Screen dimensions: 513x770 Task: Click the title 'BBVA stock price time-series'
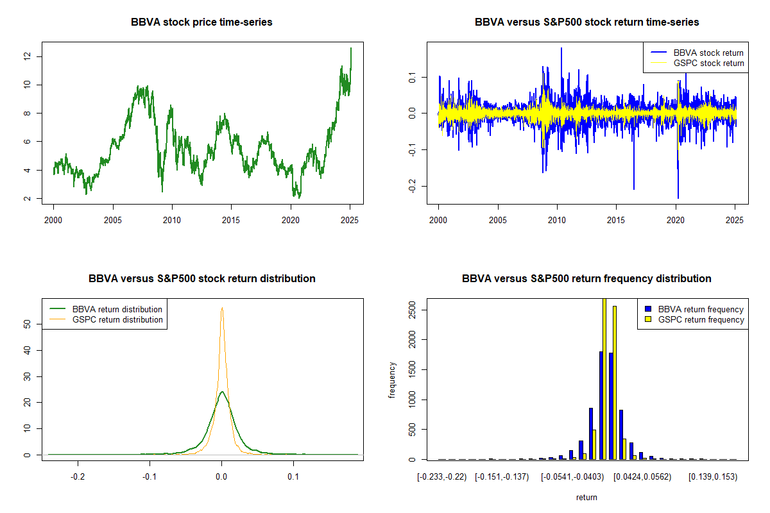coord(201,22)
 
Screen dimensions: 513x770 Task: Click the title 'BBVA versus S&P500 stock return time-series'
coord(586,22)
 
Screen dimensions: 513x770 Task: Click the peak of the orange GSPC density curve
coord(222,308)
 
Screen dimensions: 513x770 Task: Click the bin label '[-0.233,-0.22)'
coord(441,477)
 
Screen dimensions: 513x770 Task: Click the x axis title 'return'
coord(586,497)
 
